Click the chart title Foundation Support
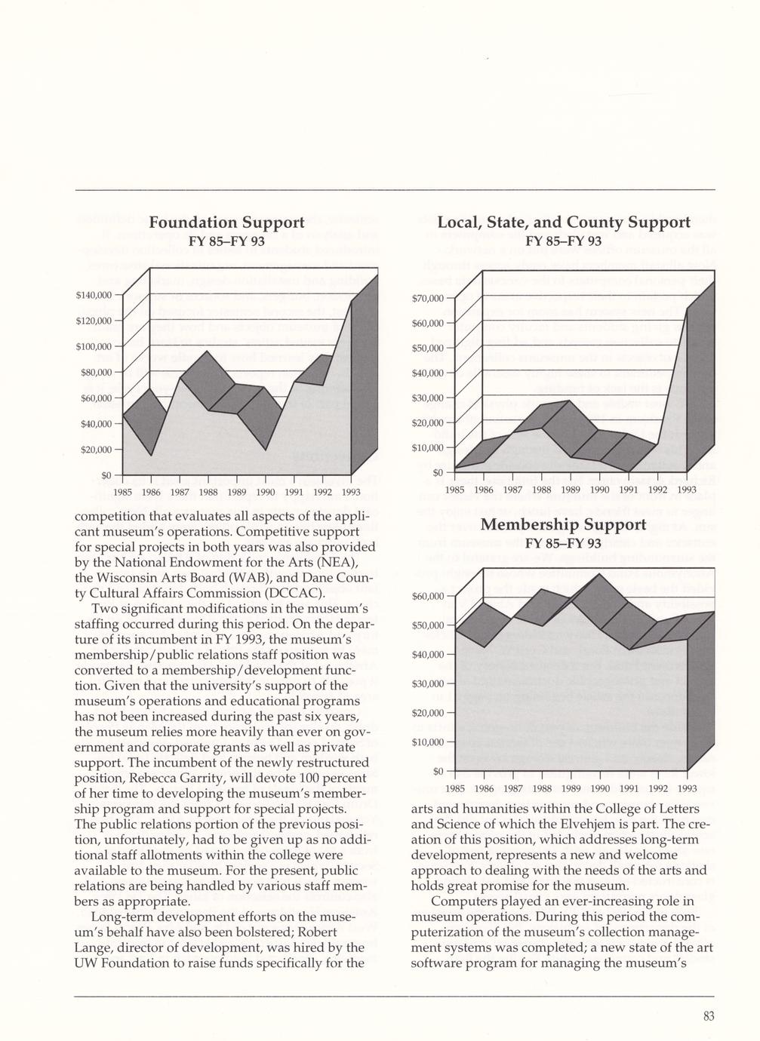[226, 223]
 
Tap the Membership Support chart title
[563, 524]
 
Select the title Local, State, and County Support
[563, 223]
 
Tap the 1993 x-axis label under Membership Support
[686, 789]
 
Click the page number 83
[708, 1016]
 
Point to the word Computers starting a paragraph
[464, 901]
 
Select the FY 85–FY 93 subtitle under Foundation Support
[226, 241]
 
